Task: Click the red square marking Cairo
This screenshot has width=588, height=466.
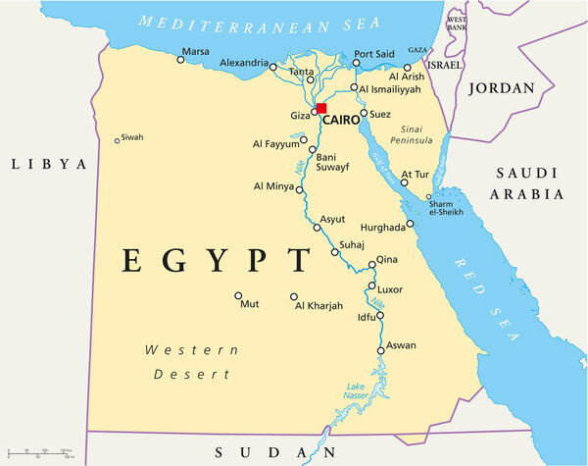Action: pos(320,108)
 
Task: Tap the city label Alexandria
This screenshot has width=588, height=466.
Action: pos(243,64)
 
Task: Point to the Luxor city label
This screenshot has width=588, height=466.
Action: pos(390,290)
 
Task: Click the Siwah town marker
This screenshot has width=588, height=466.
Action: pos(118,140)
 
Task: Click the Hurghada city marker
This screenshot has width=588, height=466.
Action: pos(410,224)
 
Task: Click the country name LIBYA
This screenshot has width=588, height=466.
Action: pos(49,164)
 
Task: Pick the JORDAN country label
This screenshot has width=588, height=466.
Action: pos(503,88)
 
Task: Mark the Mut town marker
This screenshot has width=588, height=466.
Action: pos(238,295)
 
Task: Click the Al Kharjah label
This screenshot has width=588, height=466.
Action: pos(318,306)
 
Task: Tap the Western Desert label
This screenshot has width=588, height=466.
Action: pos(192,362)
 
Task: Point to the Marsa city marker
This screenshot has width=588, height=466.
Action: pos(180,60)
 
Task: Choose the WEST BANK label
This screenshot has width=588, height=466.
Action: pos(457,24)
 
